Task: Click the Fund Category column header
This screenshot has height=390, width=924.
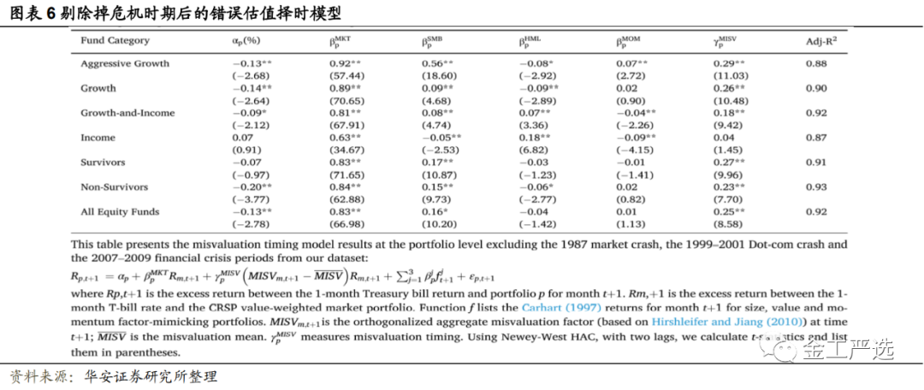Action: [x=115, y=40]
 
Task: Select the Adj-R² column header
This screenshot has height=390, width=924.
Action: [x=820, y=41]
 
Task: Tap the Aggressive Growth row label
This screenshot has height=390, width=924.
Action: [x=125, y=63]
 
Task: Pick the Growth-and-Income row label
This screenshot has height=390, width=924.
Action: [x=127, y=113]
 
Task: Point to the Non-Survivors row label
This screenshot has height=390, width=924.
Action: [x=114, y=186]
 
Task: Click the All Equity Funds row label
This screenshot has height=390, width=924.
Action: [x=120, y=211]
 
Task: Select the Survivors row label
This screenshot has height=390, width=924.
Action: [x=104, y=162]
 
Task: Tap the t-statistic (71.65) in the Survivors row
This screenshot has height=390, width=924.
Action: [x=347, y=174]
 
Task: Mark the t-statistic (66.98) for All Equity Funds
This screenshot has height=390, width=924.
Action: [x=347, y=224]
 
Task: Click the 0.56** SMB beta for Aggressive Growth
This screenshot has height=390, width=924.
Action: [x=440, y=63]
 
